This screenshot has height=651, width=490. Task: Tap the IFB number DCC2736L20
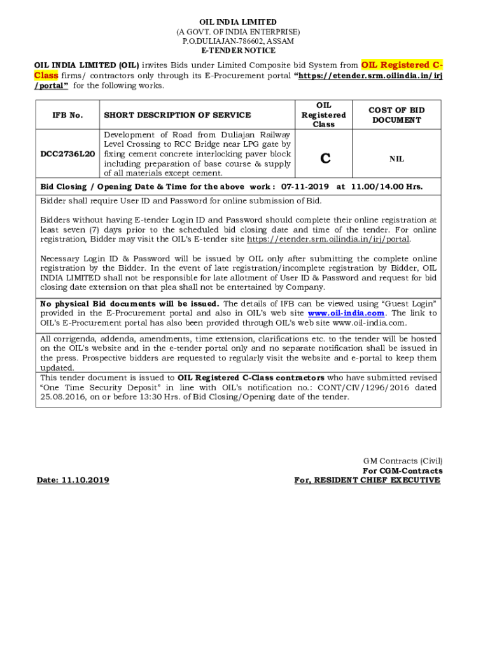point(68,154)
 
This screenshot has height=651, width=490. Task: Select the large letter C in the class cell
point(325,159)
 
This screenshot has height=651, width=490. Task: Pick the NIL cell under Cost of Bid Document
point(396,159)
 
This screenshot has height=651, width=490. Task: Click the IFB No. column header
point(68,115)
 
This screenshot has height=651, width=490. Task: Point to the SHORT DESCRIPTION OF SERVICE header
point(178,115)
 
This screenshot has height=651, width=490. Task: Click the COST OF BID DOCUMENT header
point(396,115)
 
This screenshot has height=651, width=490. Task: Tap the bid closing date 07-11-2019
point(305,188)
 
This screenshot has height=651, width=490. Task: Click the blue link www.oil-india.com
point(346,313)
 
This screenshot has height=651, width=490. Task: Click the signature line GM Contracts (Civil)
point(403,461)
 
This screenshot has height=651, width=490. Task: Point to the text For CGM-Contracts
point(403,470)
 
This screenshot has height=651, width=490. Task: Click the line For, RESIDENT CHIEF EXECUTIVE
point(367,480)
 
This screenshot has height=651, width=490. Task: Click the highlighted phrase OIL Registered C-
point(402,65)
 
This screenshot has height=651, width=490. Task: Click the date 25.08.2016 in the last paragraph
point(62,397)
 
